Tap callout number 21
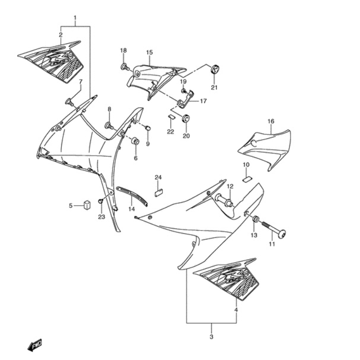214,87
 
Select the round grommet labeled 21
215,69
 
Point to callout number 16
271,122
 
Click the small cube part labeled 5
87,205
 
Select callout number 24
158,178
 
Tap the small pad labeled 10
246,179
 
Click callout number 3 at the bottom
211,337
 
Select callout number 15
149,52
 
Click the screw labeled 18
125,66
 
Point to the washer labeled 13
255,219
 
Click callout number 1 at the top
75,19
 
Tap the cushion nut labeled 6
135,141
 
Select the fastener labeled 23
101,202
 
